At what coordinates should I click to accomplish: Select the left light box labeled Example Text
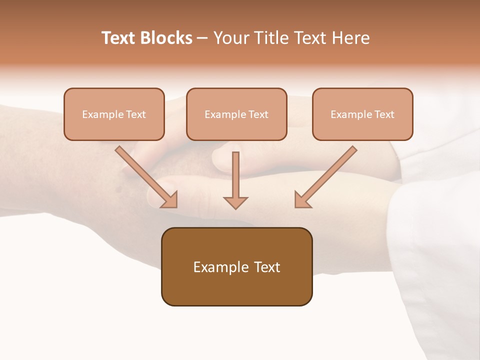[x=114, y=114]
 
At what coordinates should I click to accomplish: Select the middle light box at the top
[x=236, y=114]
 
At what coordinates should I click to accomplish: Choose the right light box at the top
[x=362, y=114]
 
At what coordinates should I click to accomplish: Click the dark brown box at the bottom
[x=236, y=266]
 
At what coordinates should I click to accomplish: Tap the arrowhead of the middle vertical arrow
[x=235, y=202]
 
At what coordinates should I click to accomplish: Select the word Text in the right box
[x=384, y=114]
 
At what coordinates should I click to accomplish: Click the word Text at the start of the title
[x=118, y=38]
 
